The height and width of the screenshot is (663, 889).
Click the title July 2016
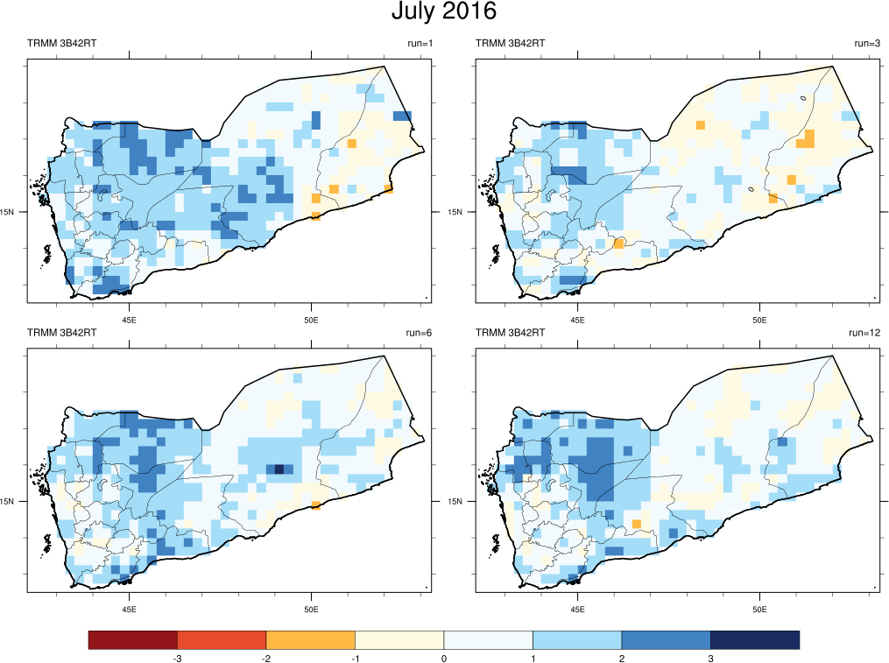pyautogui.click(x=443, y=12)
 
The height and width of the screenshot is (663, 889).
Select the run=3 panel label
pyautogui.click(x=867, y=44)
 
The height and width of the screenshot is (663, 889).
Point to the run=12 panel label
pyautogui.click(x=864, y=333)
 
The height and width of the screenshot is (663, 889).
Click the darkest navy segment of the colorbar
pyautogui.click(x=755, y=640)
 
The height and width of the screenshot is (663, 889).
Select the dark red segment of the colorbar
pyautogui.click(x=133, y=640)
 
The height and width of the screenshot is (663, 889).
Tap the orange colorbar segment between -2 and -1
pyautogui.click(x=310, y=640)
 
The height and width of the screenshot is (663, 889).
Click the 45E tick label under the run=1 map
pyautogui.click(x=130, y=320)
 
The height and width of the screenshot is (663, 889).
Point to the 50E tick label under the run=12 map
pyautogui.click(x=759, y=609)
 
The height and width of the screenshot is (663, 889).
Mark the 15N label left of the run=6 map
pyautogui.click(x=8, y=501)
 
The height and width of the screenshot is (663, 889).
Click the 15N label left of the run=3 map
pyautogui.click(x=455, y=211)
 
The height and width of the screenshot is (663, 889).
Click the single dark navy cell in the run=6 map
pyautogui.click(x=279, y=469)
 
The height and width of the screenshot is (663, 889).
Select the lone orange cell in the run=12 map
pyautogui.click(x=636, y=524)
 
